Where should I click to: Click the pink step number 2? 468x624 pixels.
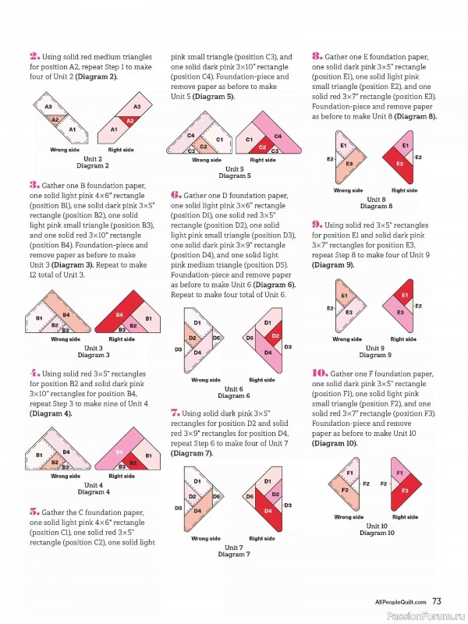click(x=34, y=56)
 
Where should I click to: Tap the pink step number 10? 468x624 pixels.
click(x=320, y=374)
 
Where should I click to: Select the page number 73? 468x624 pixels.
click(x=437, y=601)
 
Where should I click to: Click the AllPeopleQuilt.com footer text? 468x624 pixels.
click(x=401, y=601)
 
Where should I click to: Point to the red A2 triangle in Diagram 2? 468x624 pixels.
click(x=129, y=121)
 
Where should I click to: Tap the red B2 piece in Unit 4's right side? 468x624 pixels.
click(x=133, y=463)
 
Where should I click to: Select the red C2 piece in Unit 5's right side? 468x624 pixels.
click(x=262, y=146)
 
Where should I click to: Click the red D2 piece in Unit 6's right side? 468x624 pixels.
click(x=275, y=335)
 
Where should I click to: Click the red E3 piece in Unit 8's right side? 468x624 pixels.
click(x=399, y=163)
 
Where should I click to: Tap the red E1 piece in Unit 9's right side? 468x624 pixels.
click(x=403, y=295)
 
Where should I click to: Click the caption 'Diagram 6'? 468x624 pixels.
click(x=234, y=396)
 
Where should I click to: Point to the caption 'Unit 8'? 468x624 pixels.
click(x=376, y=200)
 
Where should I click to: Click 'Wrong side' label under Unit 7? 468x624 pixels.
click(x=206, y=538)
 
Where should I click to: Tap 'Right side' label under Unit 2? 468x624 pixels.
click(x=121, y=150)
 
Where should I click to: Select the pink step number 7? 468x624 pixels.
click(x=175, y=413)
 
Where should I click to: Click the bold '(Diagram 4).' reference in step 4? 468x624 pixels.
click(x=51, y=413)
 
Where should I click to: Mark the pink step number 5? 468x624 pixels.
click(x=34, y=512)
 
